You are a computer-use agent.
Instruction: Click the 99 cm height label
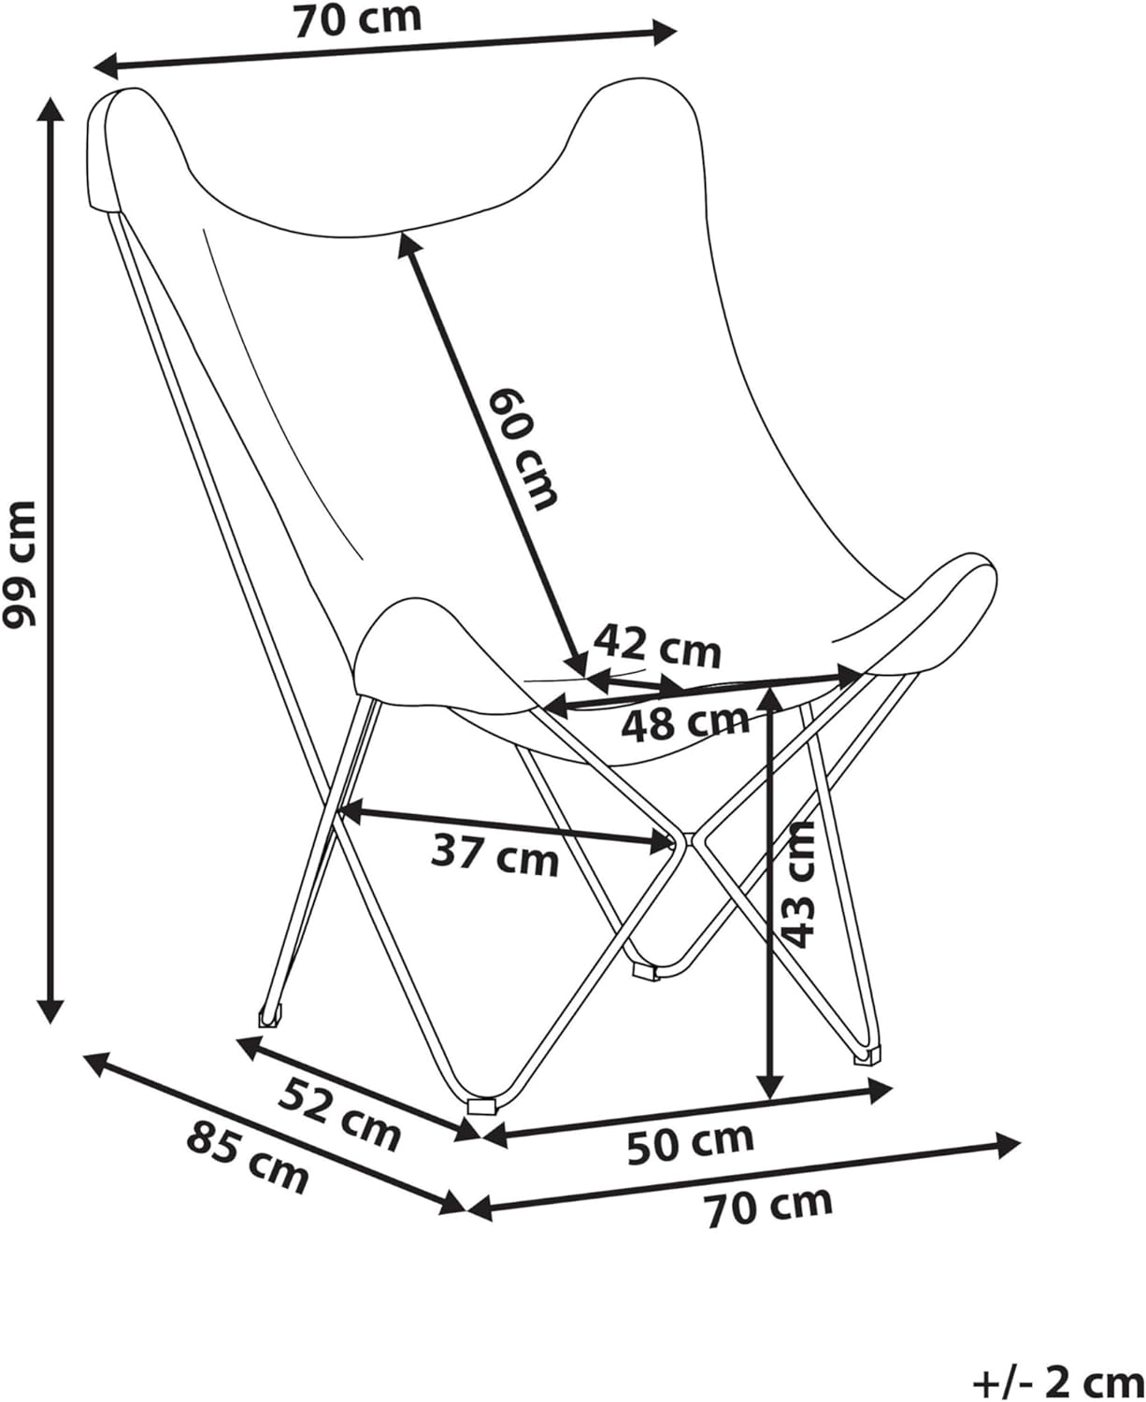[x=19, y=565]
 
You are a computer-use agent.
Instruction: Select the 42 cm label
[x=657, y=646]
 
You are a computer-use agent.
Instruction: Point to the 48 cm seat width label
[x=684, y=722]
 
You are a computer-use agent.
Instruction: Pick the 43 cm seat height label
[x=798, y=885]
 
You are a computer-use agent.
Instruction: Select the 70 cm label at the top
[x=358, y=20]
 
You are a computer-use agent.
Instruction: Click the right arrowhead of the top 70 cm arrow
[x=664, y=32]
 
